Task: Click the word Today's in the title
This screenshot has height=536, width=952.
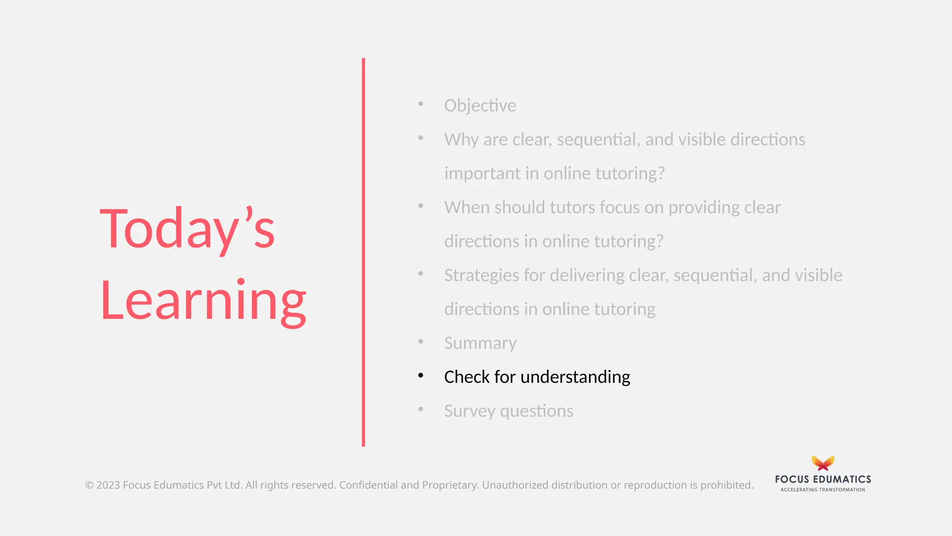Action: [187, 229]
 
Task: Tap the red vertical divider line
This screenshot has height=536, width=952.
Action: [363, 252]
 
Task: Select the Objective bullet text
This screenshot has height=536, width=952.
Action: [480, 106]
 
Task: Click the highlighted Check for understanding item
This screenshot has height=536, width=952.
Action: [536, 377]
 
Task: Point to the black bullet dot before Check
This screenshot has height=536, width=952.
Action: [421, 375]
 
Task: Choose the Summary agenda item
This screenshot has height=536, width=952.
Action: [480, 343]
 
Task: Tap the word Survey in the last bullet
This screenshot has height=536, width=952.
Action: [469, 411]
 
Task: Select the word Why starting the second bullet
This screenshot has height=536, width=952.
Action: [461, 140]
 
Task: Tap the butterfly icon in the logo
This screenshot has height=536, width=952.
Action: [823, 463]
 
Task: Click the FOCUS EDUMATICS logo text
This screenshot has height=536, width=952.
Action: [823, 479]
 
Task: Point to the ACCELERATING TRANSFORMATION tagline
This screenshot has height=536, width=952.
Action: [823, 489]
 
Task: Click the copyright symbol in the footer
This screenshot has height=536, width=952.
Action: [89, 485]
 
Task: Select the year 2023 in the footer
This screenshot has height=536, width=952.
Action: [108, 485]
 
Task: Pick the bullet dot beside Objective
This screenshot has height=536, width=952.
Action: [421, 104]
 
